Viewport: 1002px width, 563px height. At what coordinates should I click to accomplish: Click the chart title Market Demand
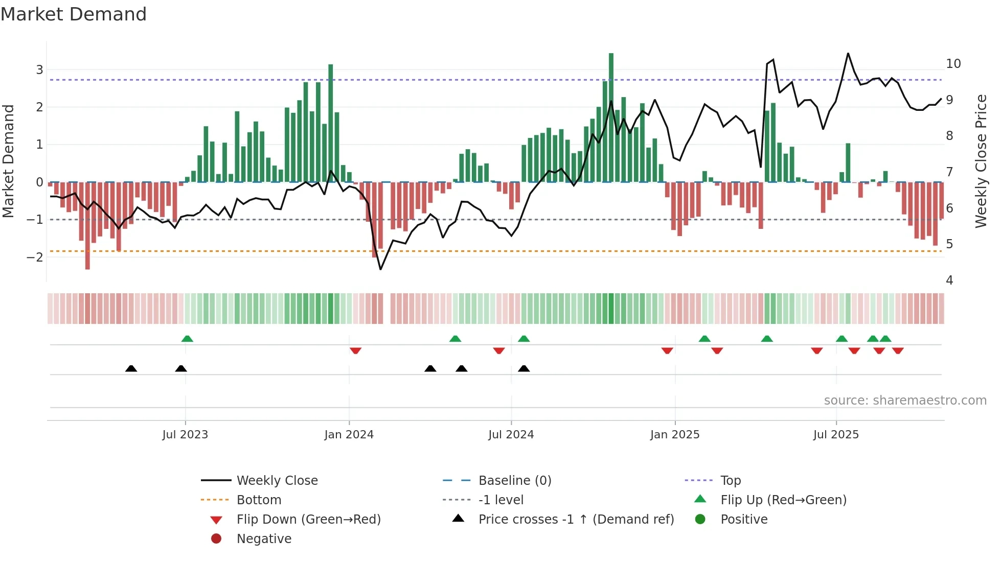click(x=74, y=14)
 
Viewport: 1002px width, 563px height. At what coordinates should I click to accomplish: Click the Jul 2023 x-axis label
click(x=185, y=435)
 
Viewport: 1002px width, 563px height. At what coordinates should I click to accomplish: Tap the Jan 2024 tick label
click(x=349, y=435)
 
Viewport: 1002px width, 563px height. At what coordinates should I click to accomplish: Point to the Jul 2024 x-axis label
click(x=511, y=435)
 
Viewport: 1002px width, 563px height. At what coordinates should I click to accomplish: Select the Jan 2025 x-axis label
click(x=674, y=435)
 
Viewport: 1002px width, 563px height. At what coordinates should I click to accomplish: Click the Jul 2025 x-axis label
click(x=836, y=435)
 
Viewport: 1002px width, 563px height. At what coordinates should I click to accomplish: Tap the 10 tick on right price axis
click(x=953, y=64)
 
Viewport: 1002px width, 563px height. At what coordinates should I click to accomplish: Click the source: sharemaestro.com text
click(x=905, y=401)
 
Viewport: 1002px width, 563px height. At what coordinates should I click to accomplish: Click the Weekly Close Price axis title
click(x=981, y=161)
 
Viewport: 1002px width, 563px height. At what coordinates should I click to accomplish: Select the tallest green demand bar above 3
click(x=611, y=118)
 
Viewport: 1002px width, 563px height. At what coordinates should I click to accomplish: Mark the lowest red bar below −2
click(x=87, y=225)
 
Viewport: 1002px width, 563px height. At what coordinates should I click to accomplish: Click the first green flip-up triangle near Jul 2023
click(x=187, y=339)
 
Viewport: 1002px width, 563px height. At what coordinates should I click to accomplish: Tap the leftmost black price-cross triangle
click(x=131, y=368)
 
